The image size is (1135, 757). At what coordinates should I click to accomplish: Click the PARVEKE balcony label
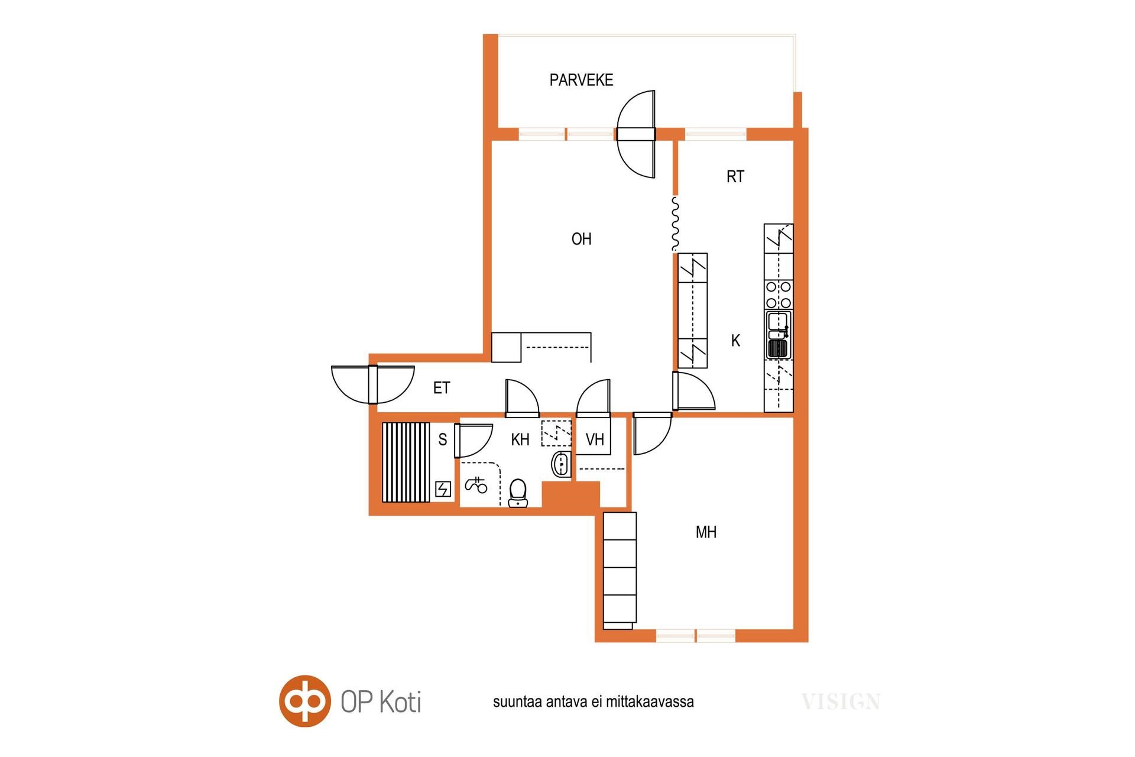pyautogui.click(x=581, y=80)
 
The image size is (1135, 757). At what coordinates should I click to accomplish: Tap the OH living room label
pyautogui.click(x=581, y=239)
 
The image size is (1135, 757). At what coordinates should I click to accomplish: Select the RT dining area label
pyautogui.click(x=735, y=176)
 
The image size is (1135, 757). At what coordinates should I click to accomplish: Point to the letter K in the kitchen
pyautogui.click(x=735, y=341)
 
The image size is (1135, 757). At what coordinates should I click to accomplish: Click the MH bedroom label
pyautogui.click(x=706, y=532)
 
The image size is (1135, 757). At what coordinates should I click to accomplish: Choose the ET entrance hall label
pyautogui.click(x=442, y=388)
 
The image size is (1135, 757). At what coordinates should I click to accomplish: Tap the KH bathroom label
pyautogui.click(x=520, y=439)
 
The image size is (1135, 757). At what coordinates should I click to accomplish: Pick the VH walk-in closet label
pyautogui.click(x=595, y=439)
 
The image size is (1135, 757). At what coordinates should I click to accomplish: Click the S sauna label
pyautogui.click(x=442, y=439)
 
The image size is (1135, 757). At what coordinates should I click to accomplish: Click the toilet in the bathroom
pyautogui.click(x=518, y=493)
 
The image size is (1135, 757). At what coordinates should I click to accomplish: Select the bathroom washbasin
pyautogui.click(x=561, y=464)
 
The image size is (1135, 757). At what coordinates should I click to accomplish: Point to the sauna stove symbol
pyautogui.click(x=443, y=489)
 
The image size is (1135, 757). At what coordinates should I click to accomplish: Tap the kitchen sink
pyautogui.click(x=778, y=335)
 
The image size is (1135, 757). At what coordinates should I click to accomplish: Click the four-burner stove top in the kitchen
pyautogui.click(x=778, y=295)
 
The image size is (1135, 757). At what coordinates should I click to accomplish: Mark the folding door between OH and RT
pyautogui.click(x=675, y=223)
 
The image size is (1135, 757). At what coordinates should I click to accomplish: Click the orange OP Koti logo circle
pyautogui.click(x=304, y=701)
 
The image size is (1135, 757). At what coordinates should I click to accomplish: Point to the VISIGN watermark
pyautogui.click(x=841, y=702)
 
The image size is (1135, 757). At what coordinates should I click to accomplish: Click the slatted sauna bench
pyautogui.click(x=406, y=462)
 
